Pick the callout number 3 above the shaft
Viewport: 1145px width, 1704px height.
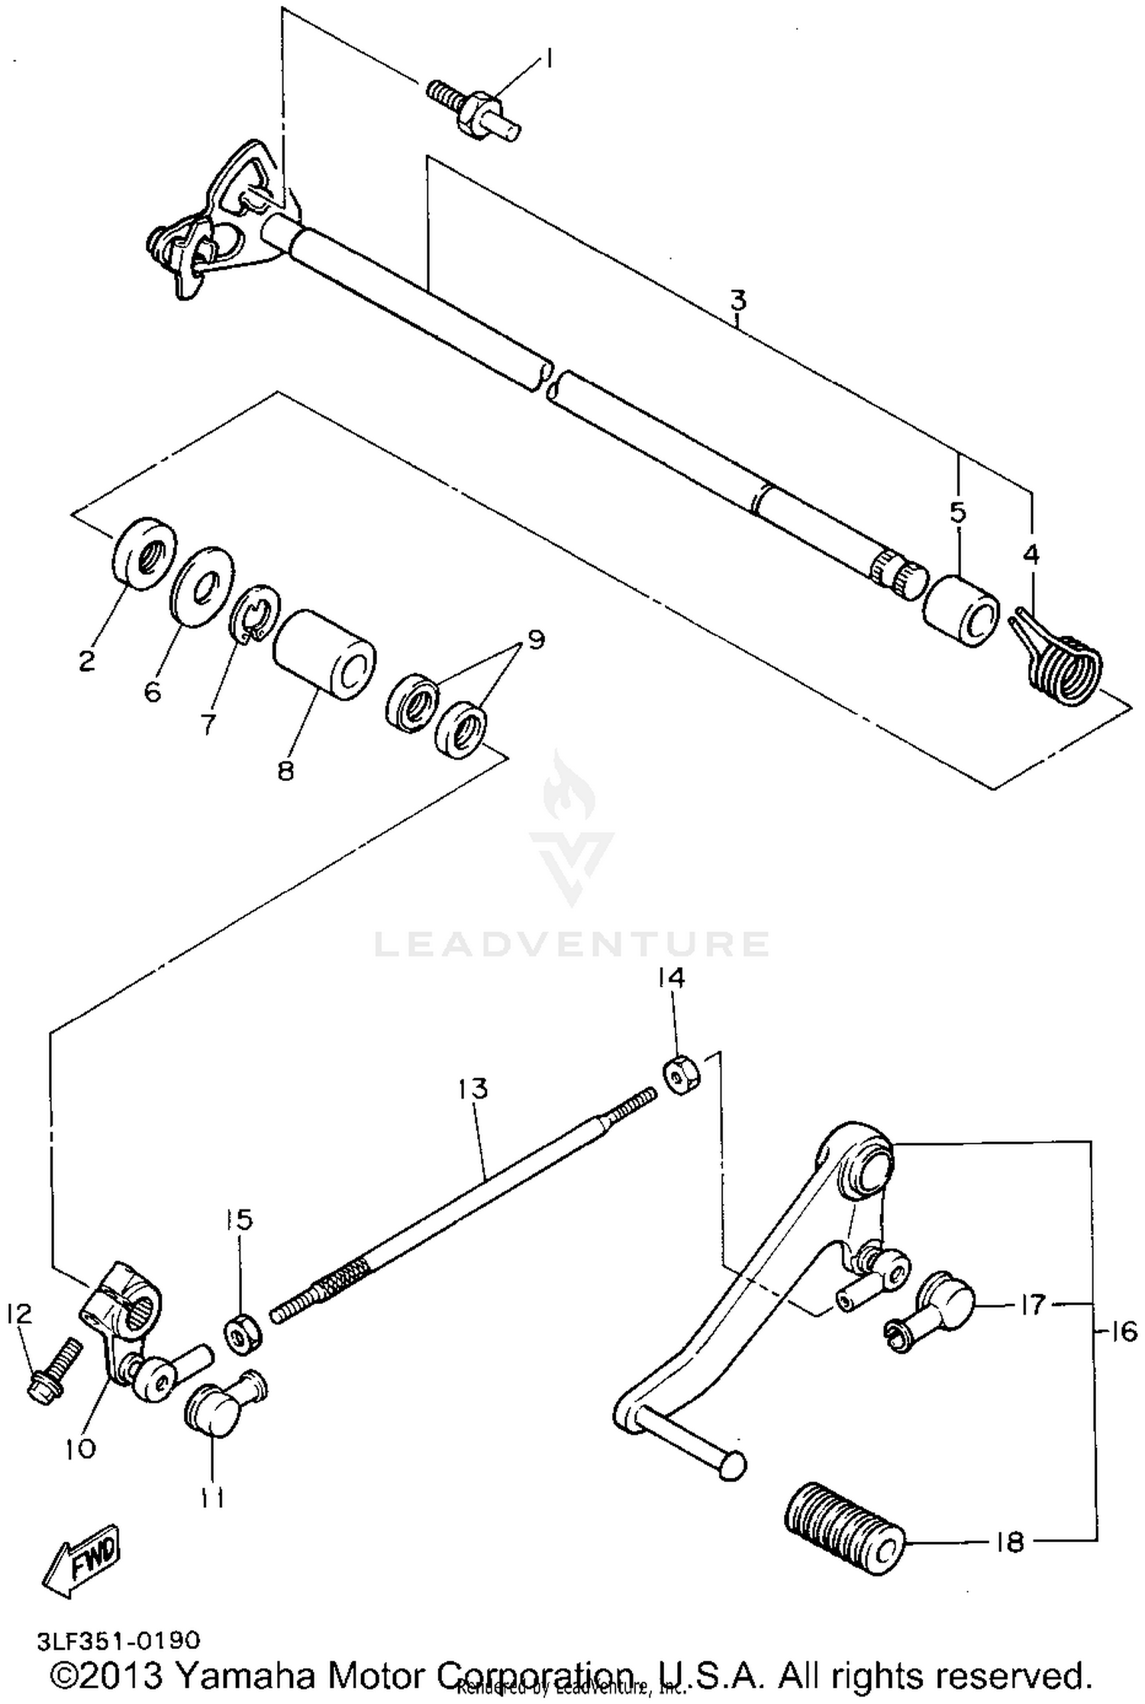(x=737, y=301)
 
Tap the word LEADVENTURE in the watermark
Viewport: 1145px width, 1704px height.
(x=571, y=944)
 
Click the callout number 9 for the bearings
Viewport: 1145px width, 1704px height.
(x=535, y=639)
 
